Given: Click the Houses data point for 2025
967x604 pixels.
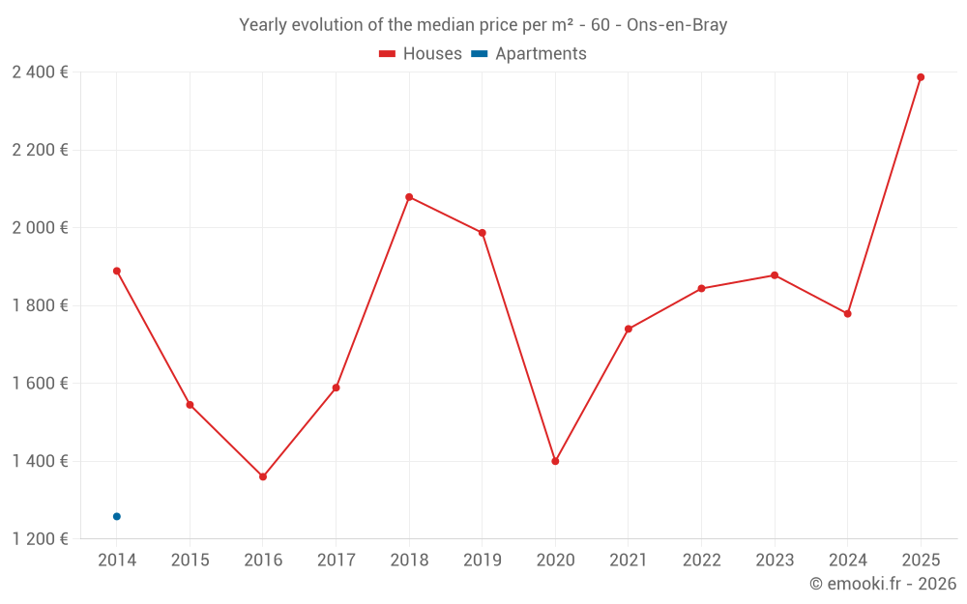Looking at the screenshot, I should pos(921,77).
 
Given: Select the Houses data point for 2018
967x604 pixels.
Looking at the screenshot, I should pos(409,197).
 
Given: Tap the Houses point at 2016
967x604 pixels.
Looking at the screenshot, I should pos(263,476).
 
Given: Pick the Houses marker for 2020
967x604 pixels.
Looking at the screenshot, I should pos(555,461).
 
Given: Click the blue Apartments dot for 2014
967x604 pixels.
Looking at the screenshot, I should pos(117,516).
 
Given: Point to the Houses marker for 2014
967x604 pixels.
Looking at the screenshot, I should pos(117,271).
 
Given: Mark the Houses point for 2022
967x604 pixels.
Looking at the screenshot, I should pos(701,288).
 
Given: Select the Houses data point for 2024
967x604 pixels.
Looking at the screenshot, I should pos(847,314).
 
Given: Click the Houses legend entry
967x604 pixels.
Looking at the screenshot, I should pos(421,54).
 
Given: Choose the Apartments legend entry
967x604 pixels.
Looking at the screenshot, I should pos(529,54).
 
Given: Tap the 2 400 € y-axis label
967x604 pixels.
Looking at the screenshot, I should pos(41,72).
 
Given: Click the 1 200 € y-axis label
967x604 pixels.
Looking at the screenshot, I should pos(41,538).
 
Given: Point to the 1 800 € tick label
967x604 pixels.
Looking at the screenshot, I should pos(41,305).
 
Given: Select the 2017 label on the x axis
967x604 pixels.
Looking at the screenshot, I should pos(336,561).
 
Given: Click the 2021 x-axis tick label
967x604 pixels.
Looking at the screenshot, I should pos(628,561).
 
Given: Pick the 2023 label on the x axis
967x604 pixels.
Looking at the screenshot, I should pos(774,561).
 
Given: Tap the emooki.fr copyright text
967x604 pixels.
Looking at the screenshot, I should pos(882,584).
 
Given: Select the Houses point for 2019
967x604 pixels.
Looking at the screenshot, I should pos(482,233).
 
